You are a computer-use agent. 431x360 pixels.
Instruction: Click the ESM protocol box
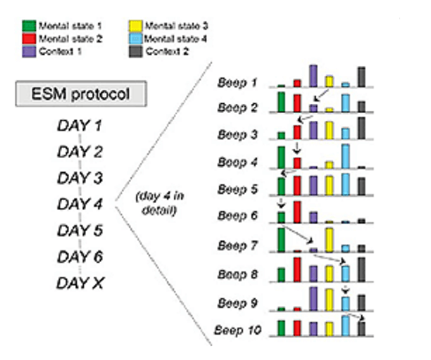click(x=81, y=94)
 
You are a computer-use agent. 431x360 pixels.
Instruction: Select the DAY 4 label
click(x=79, y=204)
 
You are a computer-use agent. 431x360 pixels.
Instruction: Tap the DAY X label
click(x=80, y=283)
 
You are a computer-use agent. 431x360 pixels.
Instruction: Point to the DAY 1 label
click(x=79, y=125)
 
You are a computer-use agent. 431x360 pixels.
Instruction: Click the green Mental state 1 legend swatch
click(x=29, y=26)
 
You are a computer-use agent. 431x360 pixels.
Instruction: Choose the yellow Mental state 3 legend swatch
click(x=135, y=26)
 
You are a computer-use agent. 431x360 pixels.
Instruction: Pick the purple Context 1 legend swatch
click(x=29, y=51)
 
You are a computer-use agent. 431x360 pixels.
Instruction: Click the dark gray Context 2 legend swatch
click(x=135, y=51)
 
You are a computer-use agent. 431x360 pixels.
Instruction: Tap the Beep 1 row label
click(x=238, y=83)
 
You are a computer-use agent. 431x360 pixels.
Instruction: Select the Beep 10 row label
click(x=238, y=330)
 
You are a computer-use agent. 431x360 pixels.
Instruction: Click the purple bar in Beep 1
click(x=314, y=76)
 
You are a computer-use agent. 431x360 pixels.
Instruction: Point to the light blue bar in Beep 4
click(x=345, y=156)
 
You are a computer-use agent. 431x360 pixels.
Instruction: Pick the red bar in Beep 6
click(x=298, y=212)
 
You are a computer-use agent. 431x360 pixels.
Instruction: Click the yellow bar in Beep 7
click(x=329, y=240)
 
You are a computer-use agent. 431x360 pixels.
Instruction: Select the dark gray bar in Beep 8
click(x=361, y=270)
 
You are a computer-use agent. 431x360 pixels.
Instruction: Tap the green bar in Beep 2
click(x=282, y=102)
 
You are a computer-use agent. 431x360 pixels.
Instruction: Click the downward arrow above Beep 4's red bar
click(x=297, y=148)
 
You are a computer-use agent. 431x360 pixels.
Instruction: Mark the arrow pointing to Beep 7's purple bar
click(x=298, y=235)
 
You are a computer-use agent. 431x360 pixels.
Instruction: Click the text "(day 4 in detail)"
click(x=160, y=203)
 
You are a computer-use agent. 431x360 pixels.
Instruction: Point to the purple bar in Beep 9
click(x=314, y=299)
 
